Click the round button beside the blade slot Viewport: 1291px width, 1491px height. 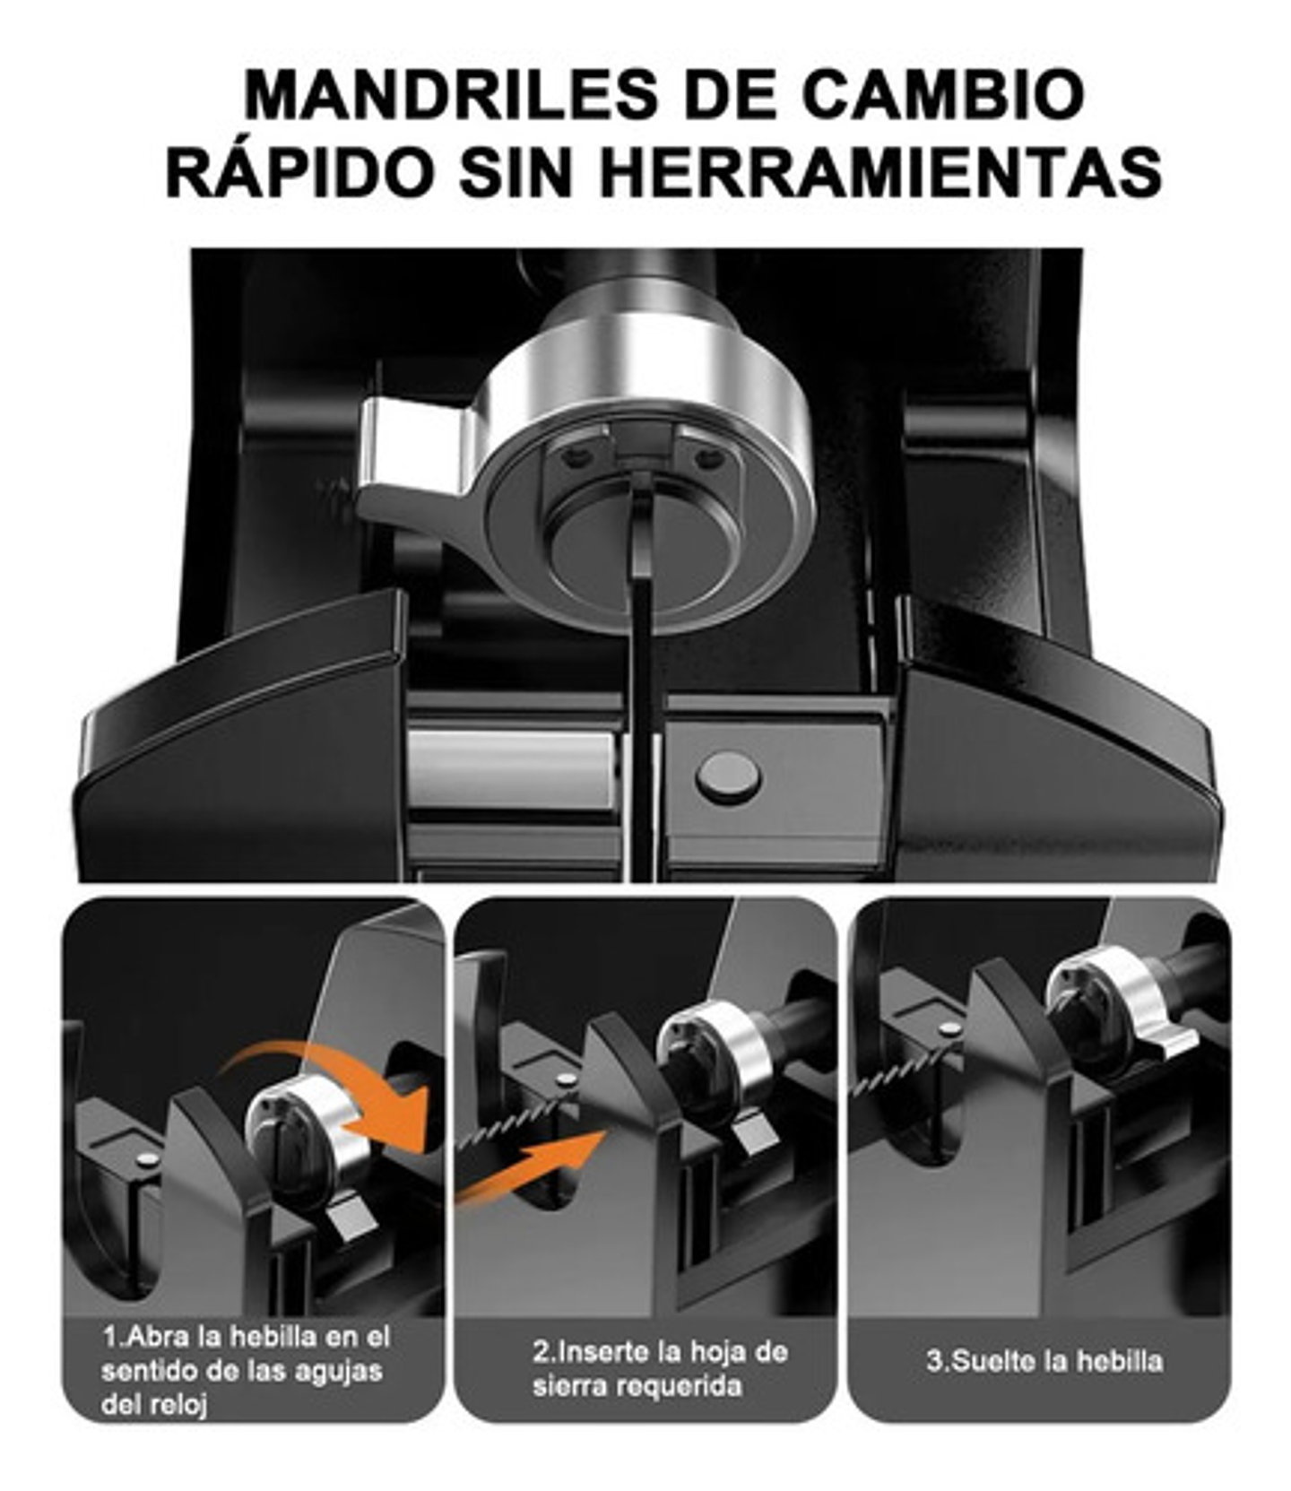tap(728, 776)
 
